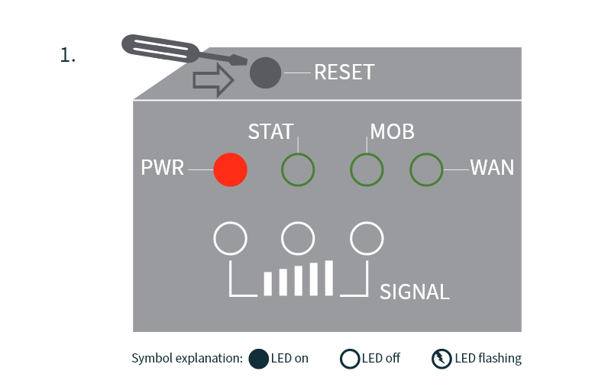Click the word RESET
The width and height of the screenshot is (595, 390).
(344, 73)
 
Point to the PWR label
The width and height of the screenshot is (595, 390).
(163, 168)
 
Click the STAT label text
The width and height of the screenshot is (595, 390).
(270, 132)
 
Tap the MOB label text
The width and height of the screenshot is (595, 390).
(392, 132)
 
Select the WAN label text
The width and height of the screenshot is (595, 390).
(492, 168)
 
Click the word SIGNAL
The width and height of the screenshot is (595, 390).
(415, 292)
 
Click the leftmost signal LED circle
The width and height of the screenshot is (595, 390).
(230, 239)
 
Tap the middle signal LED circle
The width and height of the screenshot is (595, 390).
(298, 239)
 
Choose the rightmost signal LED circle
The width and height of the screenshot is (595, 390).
(366, 239)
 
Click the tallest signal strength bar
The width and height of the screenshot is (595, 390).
(328, 278)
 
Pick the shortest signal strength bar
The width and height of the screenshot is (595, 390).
(268, 283)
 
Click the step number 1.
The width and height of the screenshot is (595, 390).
(67, 56)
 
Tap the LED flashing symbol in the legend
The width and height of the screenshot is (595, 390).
(441, 358)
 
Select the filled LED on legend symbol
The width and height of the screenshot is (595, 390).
(259, 358)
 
